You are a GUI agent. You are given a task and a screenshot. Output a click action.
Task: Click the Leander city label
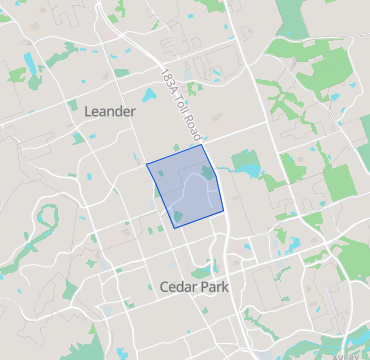point(110,111)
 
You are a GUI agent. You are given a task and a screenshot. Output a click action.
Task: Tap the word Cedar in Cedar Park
point(177,287)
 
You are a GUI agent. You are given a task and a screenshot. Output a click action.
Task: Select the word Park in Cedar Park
point(214,287)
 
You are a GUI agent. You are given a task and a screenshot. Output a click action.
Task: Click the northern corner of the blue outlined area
point(203,145)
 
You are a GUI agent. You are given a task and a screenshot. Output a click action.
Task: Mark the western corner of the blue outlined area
point(147,163)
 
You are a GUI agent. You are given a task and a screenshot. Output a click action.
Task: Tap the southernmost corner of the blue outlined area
point(175,228)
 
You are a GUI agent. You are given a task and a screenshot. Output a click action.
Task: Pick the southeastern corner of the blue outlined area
point(222,211)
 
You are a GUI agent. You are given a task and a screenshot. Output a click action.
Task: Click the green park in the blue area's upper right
point(207,172)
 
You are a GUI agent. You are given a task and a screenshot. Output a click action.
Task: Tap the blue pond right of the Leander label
point(150,97)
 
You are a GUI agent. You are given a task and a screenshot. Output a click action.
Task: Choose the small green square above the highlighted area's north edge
point(176,147)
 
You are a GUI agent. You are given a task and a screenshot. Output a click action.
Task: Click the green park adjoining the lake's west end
point(242,159)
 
